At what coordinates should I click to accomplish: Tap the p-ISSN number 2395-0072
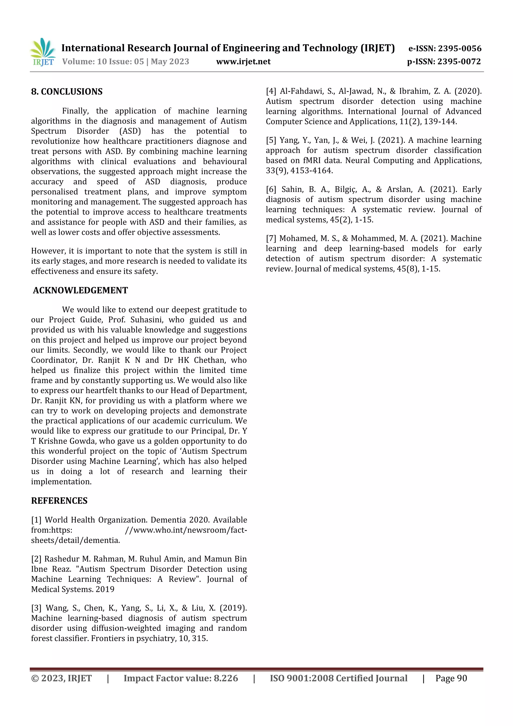click(459, 62)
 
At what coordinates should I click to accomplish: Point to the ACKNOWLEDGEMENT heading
click(80, 290)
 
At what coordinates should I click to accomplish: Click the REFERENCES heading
click(59, 500)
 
